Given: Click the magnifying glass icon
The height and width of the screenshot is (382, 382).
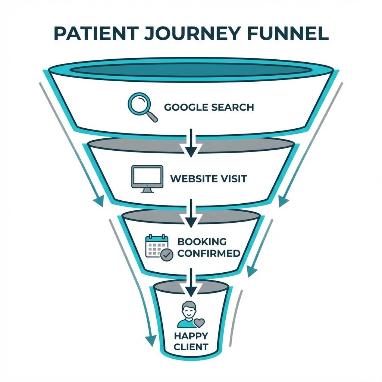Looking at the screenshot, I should [x=142, y=107].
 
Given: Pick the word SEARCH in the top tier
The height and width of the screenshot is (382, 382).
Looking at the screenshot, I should [x=232, y=107].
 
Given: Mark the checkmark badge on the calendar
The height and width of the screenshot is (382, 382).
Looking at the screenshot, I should [x=167, y=255].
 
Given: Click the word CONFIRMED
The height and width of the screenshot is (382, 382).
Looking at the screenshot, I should [x=209, y=254].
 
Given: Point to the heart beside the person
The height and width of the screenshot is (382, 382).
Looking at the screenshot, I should [x=200, y=322].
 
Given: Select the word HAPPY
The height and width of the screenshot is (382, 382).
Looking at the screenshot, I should [x=191, y=336].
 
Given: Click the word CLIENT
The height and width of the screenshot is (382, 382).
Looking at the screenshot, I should [x=191, y=347].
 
